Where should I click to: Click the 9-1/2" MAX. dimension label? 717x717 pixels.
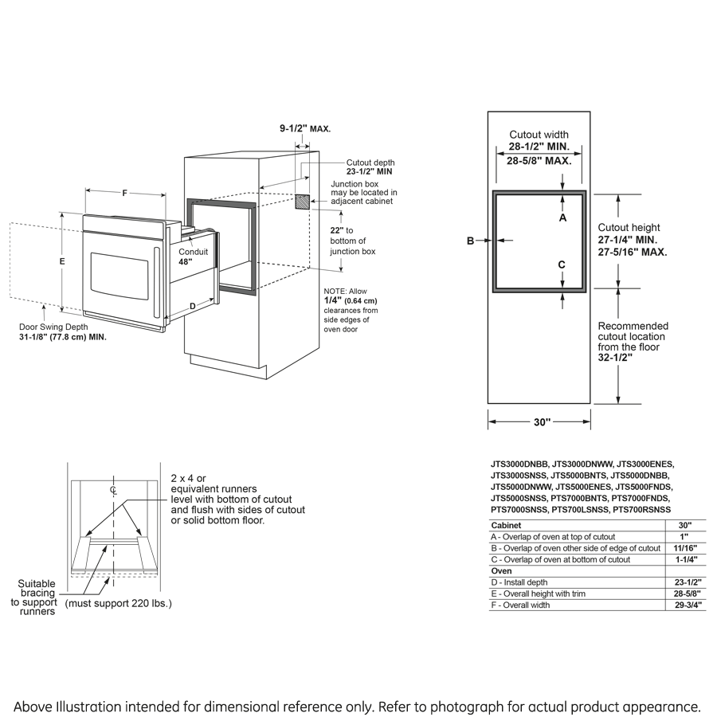[x=304, y=128]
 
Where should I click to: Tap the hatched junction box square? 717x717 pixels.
[x=303, y=201]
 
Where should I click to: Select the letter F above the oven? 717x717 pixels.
[x=125, y=193]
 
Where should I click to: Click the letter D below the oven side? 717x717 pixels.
[x=192, y=305]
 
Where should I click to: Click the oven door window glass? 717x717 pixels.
[x=119, y=272]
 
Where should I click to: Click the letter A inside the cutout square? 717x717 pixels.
[x=562, y=217]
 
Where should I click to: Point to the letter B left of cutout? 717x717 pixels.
[x=471, y=241]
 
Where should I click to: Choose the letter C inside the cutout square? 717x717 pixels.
[x=562, y=264]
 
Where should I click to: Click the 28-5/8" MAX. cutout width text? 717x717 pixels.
[x=539, y=160]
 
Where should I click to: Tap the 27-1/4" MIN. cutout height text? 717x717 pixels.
[x=628, y=239]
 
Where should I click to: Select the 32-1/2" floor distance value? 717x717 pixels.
[x=617, y=358]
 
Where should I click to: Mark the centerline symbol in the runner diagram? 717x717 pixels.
[x=114, y=490]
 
